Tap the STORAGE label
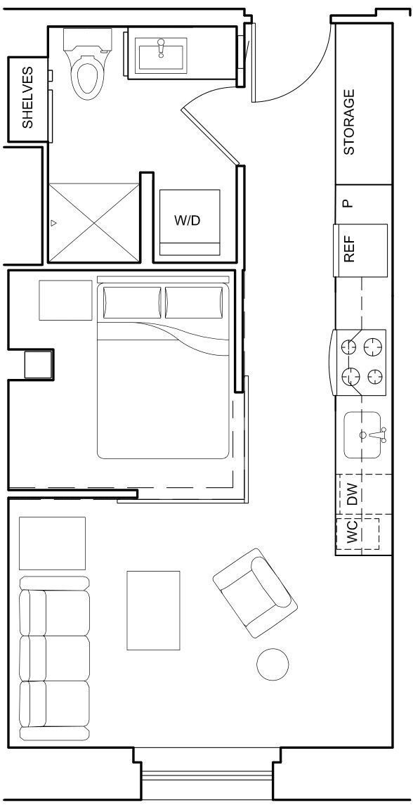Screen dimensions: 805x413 click(x=349, y=122)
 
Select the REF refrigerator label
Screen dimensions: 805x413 click(x=350, y=249)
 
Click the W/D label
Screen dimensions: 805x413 click(x=187, y=220)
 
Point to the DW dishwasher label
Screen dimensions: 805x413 click(x=353, y=494)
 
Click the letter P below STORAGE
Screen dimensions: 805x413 click(x=346, y=204)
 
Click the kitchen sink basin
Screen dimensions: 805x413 click(x=362, y=435)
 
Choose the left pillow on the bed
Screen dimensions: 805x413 click(x=131, y=302)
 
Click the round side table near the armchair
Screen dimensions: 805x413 click(x=273, y=664)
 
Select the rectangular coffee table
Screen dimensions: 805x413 click(x=153, y=610)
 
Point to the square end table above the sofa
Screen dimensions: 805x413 click(x=52, y=543)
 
